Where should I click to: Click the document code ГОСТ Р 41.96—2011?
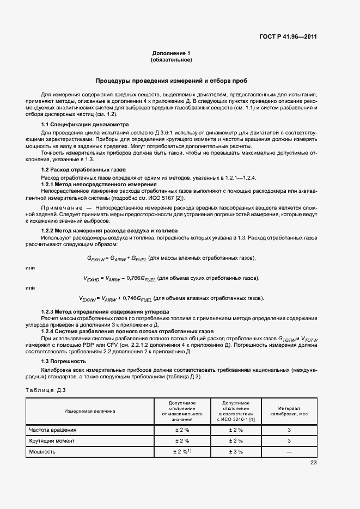(289, 37)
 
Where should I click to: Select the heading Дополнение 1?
(172, 53)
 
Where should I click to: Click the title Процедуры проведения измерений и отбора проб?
(172, 81)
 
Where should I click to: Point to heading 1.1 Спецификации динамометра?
(85, 124)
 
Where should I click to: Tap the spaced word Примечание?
(60, 208)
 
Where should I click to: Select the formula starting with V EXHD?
(172, 278)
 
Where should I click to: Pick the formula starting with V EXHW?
(172, 298)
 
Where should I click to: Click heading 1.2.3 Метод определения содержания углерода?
(105, 311)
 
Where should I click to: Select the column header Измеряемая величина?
(90, 411)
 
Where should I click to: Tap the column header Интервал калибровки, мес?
(289, 411)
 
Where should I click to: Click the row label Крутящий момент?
(52, 440)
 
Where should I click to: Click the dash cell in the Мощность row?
(289, 452)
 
